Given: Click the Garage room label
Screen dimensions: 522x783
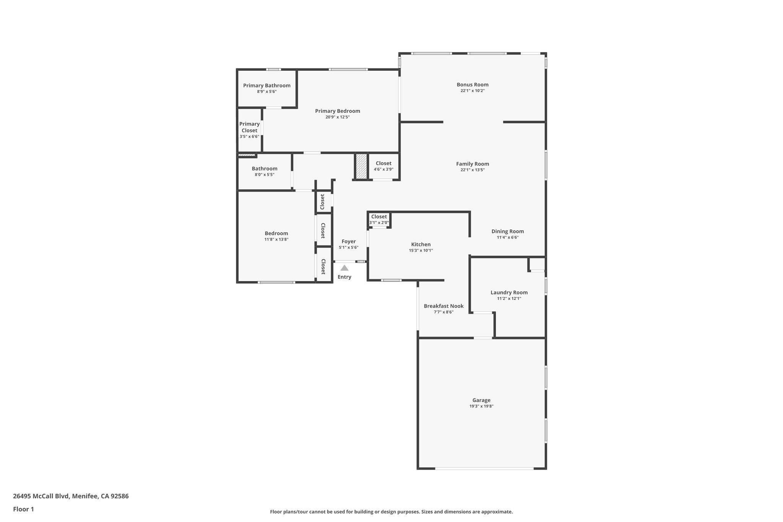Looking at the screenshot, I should click(x=481, y=400).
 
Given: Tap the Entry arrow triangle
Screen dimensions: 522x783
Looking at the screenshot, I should click(x=344, y=268).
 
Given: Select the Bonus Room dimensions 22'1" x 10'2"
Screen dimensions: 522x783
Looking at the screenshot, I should click(x=473, y=91).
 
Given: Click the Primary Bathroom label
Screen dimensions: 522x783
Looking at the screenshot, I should click(x=266, y=85).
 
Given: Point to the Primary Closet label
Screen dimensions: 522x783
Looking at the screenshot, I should click(x=249, y=127).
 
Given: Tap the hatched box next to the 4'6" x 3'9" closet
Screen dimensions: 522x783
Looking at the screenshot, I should click(x=361, y=166).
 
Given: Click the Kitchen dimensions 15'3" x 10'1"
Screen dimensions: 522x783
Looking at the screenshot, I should click(x=421, y=250).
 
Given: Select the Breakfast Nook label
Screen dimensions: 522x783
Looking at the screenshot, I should click(x=443, y=306).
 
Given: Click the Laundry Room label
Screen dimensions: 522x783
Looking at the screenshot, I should click(x=509, y=293).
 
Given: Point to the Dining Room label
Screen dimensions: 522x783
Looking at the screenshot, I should click(x=507, y=231).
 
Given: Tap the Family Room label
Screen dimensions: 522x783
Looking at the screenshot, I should click(x=473, y=164).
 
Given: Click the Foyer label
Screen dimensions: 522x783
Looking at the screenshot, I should click(x=348, y=241).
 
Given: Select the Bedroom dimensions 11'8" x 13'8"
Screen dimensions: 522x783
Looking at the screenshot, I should click(x=276, y=239).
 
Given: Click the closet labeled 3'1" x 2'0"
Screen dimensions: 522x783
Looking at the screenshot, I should click(x=379, y=219).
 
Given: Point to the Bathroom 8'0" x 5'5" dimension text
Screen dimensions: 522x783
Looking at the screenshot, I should click(x=264, y=174).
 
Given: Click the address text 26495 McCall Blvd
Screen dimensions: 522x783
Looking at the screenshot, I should click(x=71, y=496).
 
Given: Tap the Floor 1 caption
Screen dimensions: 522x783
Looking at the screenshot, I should click(x=23, y=509).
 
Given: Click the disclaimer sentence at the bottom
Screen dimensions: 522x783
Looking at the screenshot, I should click(x=391, y=512).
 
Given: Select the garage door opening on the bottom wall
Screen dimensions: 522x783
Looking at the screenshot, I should click(x=484, y=468).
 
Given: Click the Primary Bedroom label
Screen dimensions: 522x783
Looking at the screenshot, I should click(x=337, y=111).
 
